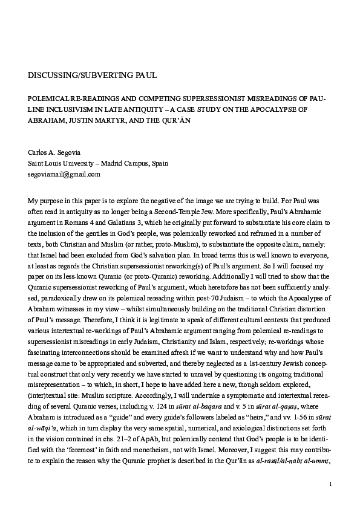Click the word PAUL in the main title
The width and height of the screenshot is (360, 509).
tap(143, 76)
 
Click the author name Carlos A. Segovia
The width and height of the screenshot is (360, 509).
tap(56, 152)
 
